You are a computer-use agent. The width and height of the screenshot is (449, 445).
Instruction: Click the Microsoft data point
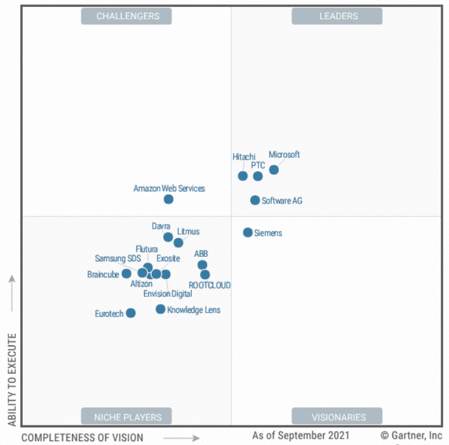(x=274, y=170)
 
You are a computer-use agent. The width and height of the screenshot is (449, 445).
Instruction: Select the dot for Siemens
(x=248, y=233)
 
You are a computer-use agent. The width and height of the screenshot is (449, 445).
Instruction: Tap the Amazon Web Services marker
(x=168, y=199)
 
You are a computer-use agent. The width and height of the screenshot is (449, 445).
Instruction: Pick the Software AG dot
(x=255, y=200)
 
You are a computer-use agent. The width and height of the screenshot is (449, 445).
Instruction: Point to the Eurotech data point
(x=131, y=313)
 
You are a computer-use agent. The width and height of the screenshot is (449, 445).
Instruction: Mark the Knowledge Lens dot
(x=161, y=310)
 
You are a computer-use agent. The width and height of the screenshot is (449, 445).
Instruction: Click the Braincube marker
(x=126, y=274)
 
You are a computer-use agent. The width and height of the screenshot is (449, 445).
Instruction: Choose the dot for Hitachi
(x=243, y=176)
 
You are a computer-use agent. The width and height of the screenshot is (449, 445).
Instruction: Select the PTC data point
(x=258, y=176)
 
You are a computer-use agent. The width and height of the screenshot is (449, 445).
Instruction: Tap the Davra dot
(x=168, y=237)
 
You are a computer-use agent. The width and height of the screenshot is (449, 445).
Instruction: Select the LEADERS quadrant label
(x=337, y=16)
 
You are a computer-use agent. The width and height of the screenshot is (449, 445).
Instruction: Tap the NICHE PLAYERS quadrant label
(x=128, y=417)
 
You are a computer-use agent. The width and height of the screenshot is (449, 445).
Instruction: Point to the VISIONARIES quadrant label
(x=337, y=417)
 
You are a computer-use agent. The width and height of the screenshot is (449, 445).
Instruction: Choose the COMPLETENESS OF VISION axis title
(x=83, y=437)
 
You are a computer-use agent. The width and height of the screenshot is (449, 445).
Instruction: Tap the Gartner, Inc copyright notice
(x=411, y=436)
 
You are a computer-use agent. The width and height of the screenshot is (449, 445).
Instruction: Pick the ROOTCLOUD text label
(x=210, y=285)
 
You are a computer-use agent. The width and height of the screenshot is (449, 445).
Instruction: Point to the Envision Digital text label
(x=168, y=294)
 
